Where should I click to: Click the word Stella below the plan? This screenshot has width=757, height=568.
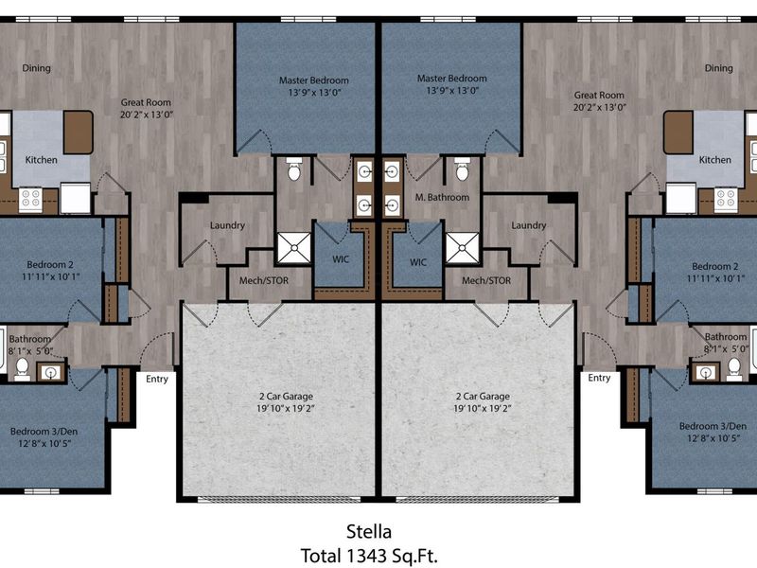point(369,532)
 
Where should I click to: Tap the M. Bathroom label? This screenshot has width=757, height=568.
point(442,197)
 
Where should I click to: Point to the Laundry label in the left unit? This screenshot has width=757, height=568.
point(227,225)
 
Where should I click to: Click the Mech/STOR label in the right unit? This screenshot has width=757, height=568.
point(486,280)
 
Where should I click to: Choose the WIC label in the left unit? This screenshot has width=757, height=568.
point(341,259)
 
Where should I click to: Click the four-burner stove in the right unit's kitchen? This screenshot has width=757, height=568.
point(726,200)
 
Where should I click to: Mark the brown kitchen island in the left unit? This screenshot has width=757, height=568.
point(79,133)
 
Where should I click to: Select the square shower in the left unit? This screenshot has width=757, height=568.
point(293,248)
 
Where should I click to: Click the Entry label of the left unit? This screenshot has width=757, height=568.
point(157,380)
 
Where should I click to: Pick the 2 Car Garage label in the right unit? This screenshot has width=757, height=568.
point(483,397)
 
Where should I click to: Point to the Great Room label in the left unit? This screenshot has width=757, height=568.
point(146,102)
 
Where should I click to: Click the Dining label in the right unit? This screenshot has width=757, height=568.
point(719,68)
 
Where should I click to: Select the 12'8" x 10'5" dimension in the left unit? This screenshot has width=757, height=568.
point(44,443)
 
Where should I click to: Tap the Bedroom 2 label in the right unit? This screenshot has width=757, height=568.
point(715,267)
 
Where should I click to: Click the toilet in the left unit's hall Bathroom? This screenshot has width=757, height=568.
point(22,368)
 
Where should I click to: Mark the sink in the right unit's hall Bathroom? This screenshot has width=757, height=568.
point(706,372)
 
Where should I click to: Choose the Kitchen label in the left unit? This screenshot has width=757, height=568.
point(41,160)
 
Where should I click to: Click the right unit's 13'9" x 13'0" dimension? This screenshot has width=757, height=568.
point(452,90)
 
